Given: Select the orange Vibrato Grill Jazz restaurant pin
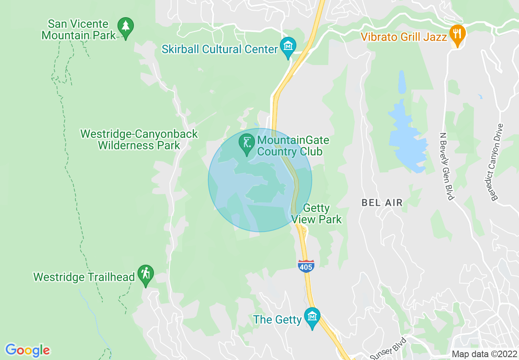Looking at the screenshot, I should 456,34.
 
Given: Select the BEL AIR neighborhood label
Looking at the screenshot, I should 382,202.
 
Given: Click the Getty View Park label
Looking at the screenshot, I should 317,214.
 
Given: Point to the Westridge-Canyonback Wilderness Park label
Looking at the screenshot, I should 139,139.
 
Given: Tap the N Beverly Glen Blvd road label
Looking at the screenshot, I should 446,166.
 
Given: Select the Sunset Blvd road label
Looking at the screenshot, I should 388,349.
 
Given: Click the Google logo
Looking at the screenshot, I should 27,350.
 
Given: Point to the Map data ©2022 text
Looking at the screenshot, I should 484,354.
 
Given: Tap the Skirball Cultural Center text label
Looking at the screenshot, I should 220,49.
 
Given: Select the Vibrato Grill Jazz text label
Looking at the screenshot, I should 404,37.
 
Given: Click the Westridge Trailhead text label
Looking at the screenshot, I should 84,277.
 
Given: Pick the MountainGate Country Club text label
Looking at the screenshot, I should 293,146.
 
